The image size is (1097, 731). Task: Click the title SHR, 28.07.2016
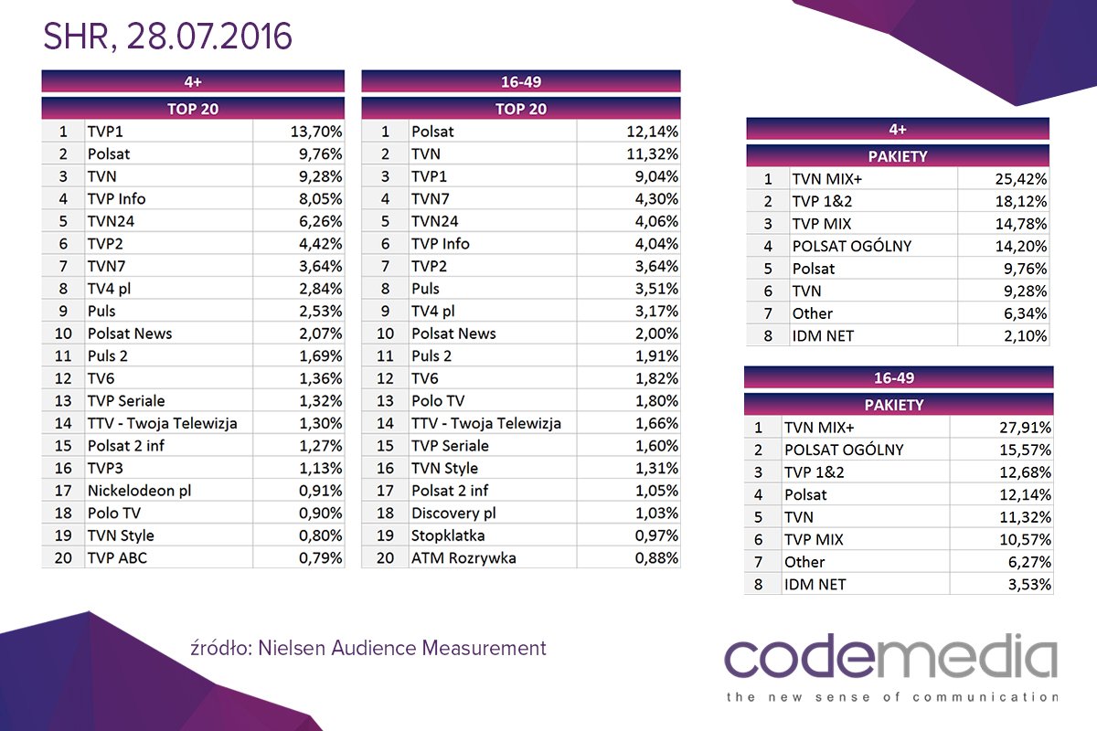(x=167, y=37)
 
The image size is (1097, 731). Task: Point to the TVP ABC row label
(x=119, y=557)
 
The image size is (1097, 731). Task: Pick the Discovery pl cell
(x=453, y=514)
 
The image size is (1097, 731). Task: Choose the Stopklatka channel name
(x=448, y=535)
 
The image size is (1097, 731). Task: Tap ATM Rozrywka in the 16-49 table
(x=463, y=557)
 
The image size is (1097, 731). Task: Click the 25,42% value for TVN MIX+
(x=1018, y=179)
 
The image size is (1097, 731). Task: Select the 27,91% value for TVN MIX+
(x=1022, y=427)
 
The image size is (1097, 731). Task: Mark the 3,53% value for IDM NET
(x=1026, y=584)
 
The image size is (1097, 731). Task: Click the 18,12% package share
(x=1018, y=202)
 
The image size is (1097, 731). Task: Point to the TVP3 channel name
(x=107, y=468)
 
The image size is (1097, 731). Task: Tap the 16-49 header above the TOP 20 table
(x=521, y=81)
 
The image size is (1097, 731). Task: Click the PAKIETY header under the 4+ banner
(x=897, y=156)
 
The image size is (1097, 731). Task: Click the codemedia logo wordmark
(x=890, y=660)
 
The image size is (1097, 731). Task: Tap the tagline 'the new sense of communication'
(x=890, y=697)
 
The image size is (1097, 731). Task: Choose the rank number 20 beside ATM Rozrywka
(x=385, y=557)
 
